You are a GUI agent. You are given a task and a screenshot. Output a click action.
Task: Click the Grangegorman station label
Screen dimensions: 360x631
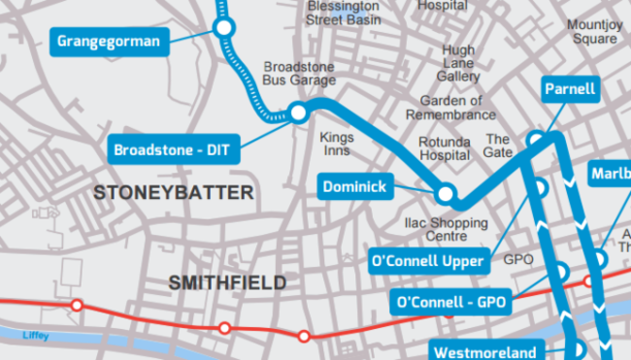click(x=108, y=42)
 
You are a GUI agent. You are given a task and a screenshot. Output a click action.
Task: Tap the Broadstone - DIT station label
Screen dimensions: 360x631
click(x=171, y=150)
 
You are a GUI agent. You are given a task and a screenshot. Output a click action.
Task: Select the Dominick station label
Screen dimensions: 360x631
click(x=355, y=186)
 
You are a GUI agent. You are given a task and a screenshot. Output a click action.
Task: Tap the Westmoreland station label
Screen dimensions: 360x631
click(x=483, y=350)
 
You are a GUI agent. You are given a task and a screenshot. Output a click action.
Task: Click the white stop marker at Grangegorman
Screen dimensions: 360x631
click(x=225, y=29)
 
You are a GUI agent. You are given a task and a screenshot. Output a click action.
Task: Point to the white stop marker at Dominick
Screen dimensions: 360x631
click(x=446, y=194)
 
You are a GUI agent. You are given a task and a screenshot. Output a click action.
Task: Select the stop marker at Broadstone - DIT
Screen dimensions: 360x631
click(x=299, y=114)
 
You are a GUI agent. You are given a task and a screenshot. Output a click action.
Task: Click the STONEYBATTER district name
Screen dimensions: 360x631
click(x=174, y=193)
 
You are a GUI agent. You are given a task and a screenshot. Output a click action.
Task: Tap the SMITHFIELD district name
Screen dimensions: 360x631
click(x=228, y=282)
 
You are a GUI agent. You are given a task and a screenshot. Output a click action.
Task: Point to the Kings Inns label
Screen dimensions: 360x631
click(x=337, y=145)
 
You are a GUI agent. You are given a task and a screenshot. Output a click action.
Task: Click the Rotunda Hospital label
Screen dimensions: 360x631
click(x=444, y=148)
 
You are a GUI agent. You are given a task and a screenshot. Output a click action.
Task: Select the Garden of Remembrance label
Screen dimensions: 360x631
click(x=450, y=108)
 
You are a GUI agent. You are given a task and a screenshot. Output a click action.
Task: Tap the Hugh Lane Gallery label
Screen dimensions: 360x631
click(x=458, y=63)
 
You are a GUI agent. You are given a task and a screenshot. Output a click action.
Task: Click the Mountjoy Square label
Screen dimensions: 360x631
click(x=592, y=32)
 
